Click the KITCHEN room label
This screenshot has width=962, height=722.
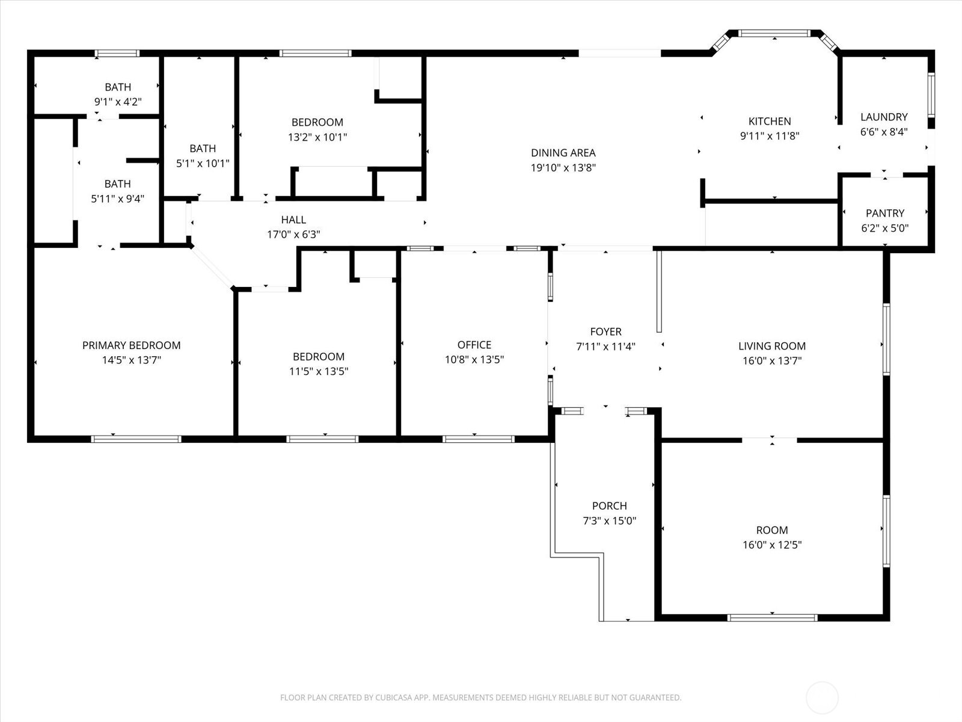pos(769,121)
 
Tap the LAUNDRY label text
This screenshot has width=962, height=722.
pos(883,117)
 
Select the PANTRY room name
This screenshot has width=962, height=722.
pos(884,213)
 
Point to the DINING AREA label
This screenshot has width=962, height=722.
pos(563,153)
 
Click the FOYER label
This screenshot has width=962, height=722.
pos(605,332)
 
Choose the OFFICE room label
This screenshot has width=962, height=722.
pos(474,345)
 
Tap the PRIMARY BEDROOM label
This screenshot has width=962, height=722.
pos(131,345)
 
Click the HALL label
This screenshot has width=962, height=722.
pos(293,220)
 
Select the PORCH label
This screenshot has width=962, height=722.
pos(609,506)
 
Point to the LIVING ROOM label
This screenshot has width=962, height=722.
pos(771,346)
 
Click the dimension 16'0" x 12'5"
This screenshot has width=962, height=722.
pos(771,545)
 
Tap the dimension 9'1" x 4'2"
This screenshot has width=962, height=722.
pos(118,102)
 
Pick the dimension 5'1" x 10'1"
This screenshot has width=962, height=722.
pos(203,163)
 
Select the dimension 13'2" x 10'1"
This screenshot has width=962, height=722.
pos(317,137)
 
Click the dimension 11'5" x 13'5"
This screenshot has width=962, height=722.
pos(318,371)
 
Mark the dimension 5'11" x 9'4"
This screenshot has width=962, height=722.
pos(117,199)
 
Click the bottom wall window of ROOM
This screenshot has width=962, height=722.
pos(772,617)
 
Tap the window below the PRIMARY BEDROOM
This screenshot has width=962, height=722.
pos(136,439)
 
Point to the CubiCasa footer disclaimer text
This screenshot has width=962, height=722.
pos(480,697)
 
